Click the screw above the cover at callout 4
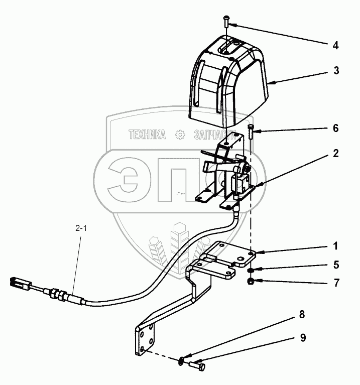pos(226,21)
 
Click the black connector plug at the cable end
pos(18,282)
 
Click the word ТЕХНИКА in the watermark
pos(147,135)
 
